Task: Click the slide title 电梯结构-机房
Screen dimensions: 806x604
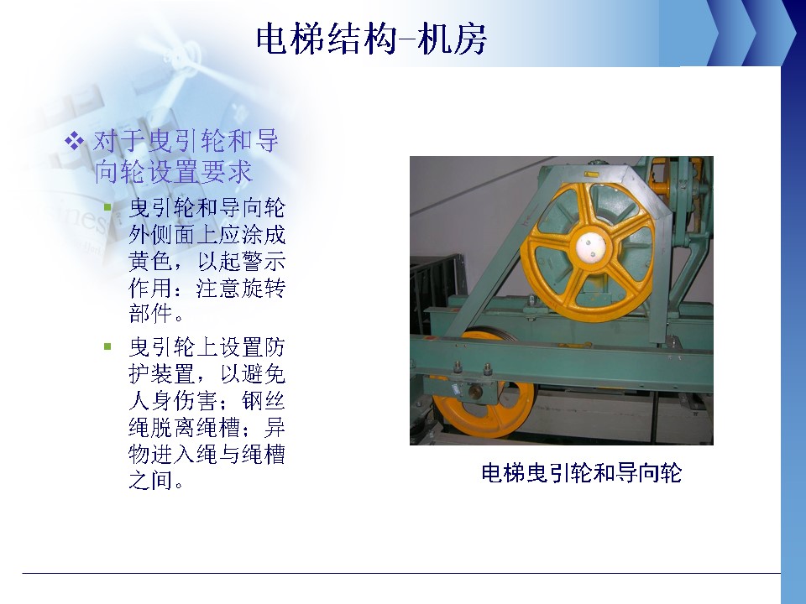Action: tap(371, 39)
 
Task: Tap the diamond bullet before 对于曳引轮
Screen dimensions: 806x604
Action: tap(74, 140)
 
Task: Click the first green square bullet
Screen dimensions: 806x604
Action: tap(107, 207)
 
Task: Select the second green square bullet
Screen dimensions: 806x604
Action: tap(107, 346)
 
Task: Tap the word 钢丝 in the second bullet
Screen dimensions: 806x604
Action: tap(263, 400)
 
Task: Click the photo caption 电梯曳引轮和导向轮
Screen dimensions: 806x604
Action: tap(581, 472)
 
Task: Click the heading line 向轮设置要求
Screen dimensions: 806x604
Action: tap(173, 171)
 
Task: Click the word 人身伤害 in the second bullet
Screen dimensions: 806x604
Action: tap(173, 400)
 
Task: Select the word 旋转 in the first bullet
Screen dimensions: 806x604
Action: tap(263, 287)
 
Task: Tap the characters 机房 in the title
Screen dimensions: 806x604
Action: tap(453, 39)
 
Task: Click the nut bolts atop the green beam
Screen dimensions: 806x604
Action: tap(471, 367)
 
